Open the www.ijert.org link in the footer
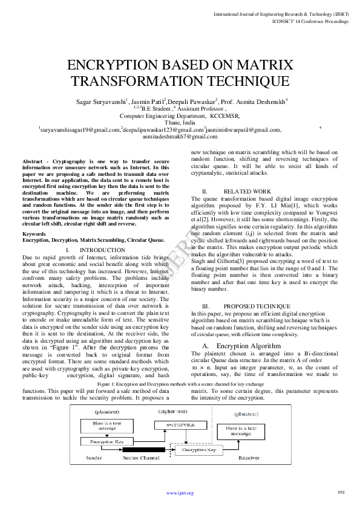point(180,493)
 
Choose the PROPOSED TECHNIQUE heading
point(249,306)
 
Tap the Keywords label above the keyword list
point(34,234)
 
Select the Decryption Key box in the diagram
point(199,450)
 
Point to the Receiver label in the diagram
point(248,458)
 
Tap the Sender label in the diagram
point(94,458)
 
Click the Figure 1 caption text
point(180,384)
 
